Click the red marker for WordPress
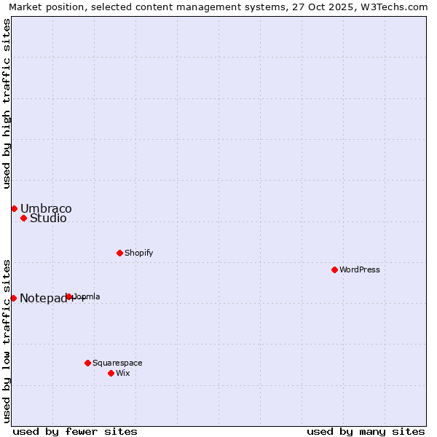(334, 269)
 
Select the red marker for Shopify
(119, 253)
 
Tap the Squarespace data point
(87, 363)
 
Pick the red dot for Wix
(111, 373)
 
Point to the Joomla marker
(69, 296)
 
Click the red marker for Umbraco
(14, 208)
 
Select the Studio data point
(23, 218)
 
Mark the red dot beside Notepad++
(13, 298)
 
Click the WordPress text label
(360, 269)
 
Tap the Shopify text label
(138, 253)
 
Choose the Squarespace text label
(117, 363)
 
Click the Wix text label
(122, 373)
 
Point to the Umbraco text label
(46, 209)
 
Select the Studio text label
(48, 219)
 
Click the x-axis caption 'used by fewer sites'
(75, 431)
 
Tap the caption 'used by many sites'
(366, 431)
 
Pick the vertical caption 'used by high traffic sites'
(7, 103)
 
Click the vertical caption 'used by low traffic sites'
(7, 340)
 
